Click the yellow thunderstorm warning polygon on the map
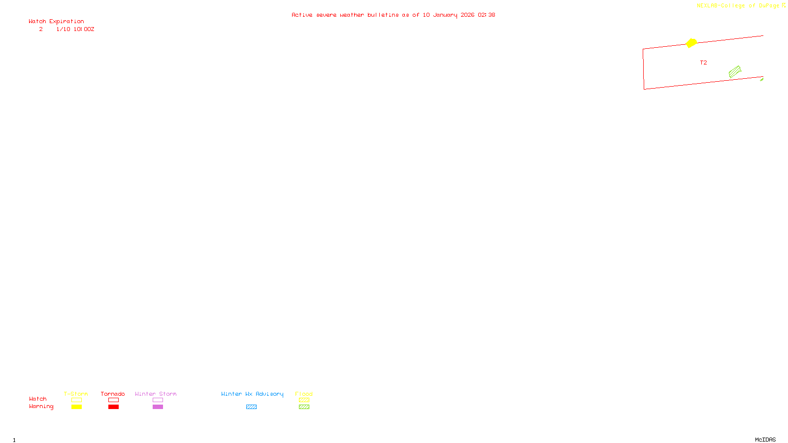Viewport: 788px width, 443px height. pyautogui.click(x=691, y=43)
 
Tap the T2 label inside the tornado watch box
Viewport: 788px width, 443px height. pyautogui.click(x=703, y=63)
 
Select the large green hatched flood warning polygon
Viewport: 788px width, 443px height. pyautogui.click(x=735, y=72)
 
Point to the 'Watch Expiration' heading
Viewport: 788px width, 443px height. pyautogui.click(x=56, y=21)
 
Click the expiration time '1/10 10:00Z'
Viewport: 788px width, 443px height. pyautogui.click(x=75, y=29)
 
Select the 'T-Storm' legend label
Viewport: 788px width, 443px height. pyautogui.click(x=76, y=394)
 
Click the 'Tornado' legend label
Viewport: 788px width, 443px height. pyautogui.click(x=113, y=394)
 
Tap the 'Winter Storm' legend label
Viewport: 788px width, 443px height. pyautogui.click(x=156, y=394)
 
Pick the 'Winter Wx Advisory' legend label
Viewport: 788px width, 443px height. pyautogui.click(x=252, y=394)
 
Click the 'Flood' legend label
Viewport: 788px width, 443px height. pyautogui.click(x=304, y=394)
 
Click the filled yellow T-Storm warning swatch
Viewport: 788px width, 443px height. pyautogui.click(x=76, y=407)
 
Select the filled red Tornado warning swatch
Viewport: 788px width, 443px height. pyautogui.click(x=113, y=407)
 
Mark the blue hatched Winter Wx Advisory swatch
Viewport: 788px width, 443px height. pyautogui.click(x=251, y=407)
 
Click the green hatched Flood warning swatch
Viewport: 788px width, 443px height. pyautogui.click(x=304, y=407)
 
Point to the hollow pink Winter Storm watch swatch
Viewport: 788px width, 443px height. pyautogui.click(x=158, y=400)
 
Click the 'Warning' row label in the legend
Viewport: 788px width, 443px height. pyautogui.click(x=41, y=407)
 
